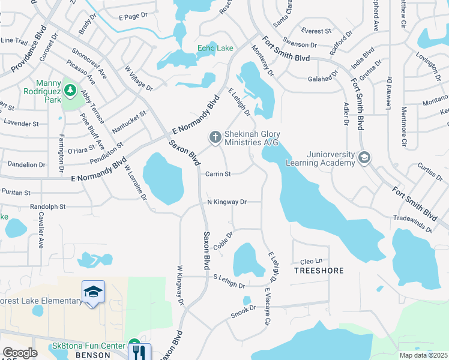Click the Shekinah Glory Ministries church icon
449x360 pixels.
(x=215, y=138)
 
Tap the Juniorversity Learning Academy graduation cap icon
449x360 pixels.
(x=364, y=158)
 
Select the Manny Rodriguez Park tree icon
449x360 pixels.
(x=71, y=91)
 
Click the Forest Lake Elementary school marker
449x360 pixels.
(x=93, y=293)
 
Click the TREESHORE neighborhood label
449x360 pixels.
(x=319, y=271)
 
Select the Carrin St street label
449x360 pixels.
(x=218, y=174)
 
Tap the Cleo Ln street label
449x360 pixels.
(x=312, y=261)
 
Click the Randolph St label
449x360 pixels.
(x=47, y=206)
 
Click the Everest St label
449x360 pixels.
(x=316, y=31)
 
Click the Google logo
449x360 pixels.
(x=19, y=353)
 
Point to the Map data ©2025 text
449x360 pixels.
(x=424, y=355)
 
